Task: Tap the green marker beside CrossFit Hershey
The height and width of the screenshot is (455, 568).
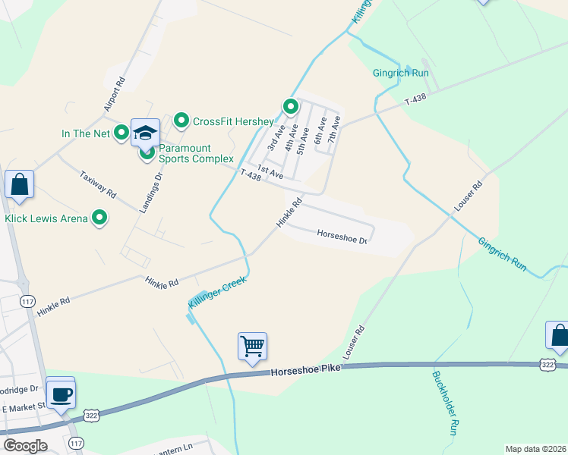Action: pyautogui.click(x=181, y=121)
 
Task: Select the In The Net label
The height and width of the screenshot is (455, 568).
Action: pyautogui.click(x=86, y=134)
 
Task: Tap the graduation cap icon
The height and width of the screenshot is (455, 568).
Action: pyautogui.click(x=145, y=133)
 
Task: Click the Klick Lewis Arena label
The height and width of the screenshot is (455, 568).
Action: pyautogui.click(x=48, y=218)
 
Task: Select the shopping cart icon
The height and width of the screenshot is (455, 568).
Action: pyautogui.click(x=252, y=347)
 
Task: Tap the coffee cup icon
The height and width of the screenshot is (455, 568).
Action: pyautogui.click(x=61, y=393)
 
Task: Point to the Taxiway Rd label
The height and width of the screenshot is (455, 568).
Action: pyautogui.click(x=98, y=184)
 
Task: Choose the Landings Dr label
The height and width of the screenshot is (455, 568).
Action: pyautogui.click(x=149, y=193)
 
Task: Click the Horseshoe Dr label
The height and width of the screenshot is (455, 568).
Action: pyautogui.click(x=342, y=234)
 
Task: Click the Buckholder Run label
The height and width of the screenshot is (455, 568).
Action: pyautogui.click(x=443, y=402)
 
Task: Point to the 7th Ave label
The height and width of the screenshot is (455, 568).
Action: pyautogui.click(x=332, y=130)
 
